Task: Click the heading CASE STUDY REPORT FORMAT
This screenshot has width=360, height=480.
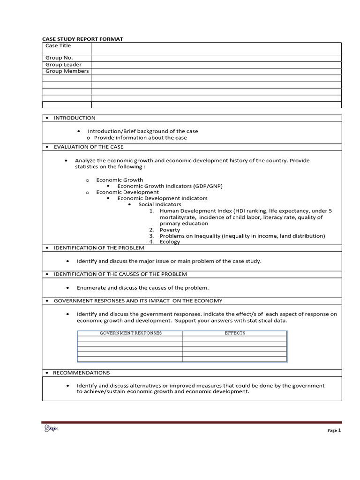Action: tap(82, 39)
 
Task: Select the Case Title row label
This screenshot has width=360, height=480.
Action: tap(58, 45)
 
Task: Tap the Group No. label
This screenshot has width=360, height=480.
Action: tap(59, 58)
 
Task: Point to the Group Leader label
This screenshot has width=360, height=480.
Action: tap(63, 65)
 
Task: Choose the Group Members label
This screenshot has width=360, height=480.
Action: tap(67, 71)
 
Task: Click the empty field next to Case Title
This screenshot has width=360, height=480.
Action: tap(216, 49)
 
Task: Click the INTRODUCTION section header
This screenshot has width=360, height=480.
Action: tap(74, 118)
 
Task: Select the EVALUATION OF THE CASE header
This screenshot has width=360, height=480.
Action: tap(89, 147)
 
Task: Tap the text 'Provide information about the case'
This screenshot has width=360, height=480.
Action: tap(140, 138)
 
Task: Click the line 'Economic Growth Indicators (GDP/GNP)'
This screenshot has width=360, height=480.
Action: tap(170, 186)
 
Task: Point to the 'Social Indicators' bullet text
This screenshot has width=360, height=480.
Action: tap(159, 204)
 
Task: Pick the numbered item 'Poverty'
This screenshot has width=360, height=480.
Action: tap(170, 230)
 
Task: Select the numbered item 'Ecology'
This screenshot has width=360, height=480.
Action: tap(170, 242)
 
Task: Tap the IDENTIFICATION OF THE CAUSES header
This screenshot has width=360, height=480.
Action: tap(120, 274)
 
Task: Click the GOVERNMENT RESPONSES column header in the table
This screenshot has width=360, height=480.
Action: tap(130, 333)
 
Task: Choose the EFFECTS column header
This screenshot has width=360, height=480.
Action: tap(235, 333)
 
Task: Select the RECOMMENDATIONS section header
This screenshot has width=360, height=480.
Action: tap(82, 373)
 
